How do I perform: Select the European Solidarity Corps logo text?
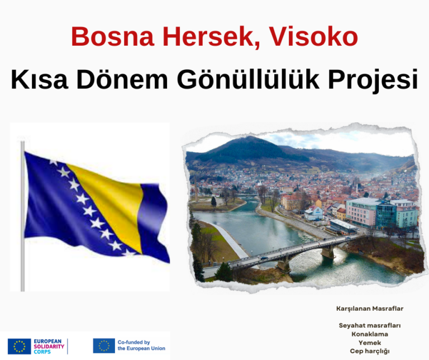pos(49,346)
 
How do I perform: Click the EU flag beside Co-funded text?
pos(104,345)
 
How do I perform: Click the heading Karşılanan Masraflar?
pos(370,309)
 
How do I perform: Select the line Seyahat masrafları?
pos(370,325)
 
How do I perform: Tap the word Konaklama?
pos(370,334)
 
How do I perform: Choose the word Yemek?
pos(370,342)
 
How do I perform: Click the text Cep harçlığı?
pos(370,351)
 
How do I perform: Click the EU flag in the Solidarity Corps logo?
pos(20,346)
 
